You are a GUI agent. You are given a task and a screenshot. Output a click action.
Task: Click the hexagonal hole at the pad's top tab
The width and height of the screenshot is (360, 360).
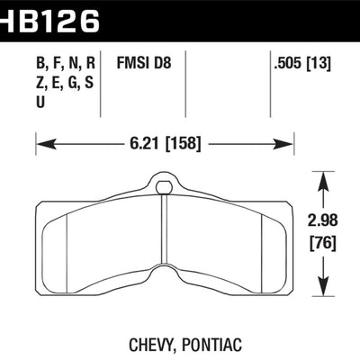[x=165, y=188]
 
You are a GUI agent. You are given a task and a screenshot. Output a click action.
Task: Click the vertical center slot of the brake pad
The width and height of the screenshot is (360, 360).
[x=165, y=243]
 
